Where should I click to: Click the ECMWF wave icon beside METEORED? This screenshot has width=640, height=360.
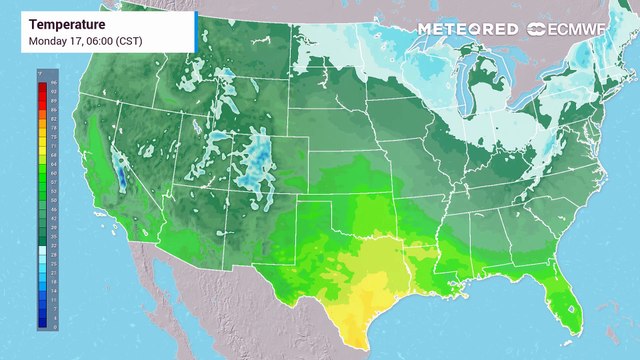(527, 29)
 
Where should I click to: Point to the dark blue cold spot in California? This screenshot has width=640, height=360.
(120, 178)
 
